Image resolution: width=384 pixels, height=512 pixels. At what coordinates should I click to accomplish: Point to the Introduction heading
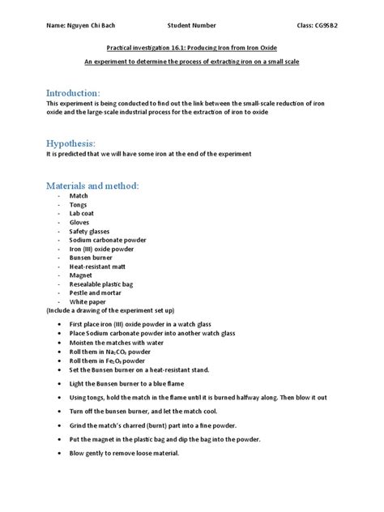pos(74,93)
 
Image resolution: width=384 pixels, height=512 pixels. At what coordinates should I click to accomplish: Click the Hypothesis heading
pos(73,142)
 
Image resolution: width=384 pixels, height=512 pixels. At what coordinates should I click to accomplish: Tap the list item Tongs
pos(79,205)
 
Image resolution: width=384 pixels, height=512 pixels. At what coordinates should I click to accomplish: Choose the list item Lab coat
pos(83,213)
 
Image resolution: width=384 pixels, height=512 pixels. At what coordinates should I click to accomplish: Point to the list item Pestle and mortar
pos(96,292)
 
